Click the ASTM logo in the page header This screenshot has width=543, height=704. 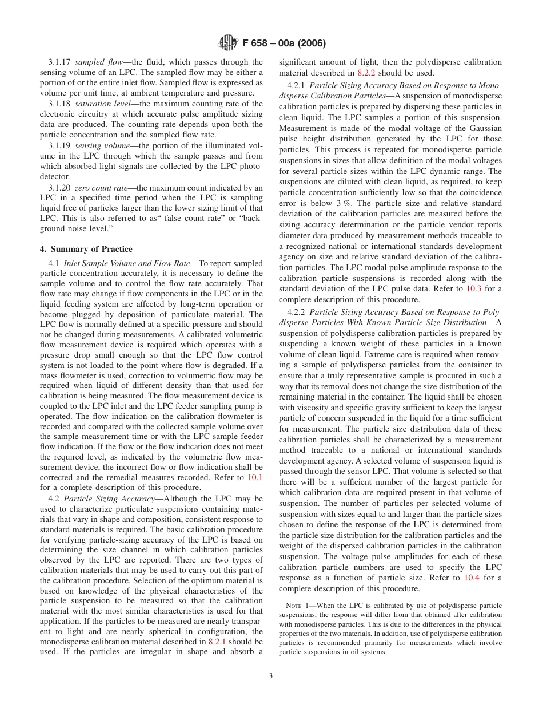tap(229, 43)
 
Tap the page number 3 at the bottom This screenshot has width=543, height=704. tap(271, 675)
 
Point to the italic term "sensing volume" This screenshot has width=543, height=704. tap(98, 145)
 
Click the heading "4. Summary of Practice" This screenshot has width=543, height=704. tap(86, 249)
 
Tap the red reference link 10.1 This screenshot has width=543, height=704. tap(255, 477)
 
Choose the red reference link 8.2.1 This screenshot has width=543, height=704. tap(217, 642)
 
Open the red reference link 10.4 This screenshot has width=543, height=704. tap(472, 578)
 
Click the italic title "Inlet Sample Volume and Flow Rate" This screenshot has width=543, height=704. tap(127, 263)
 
